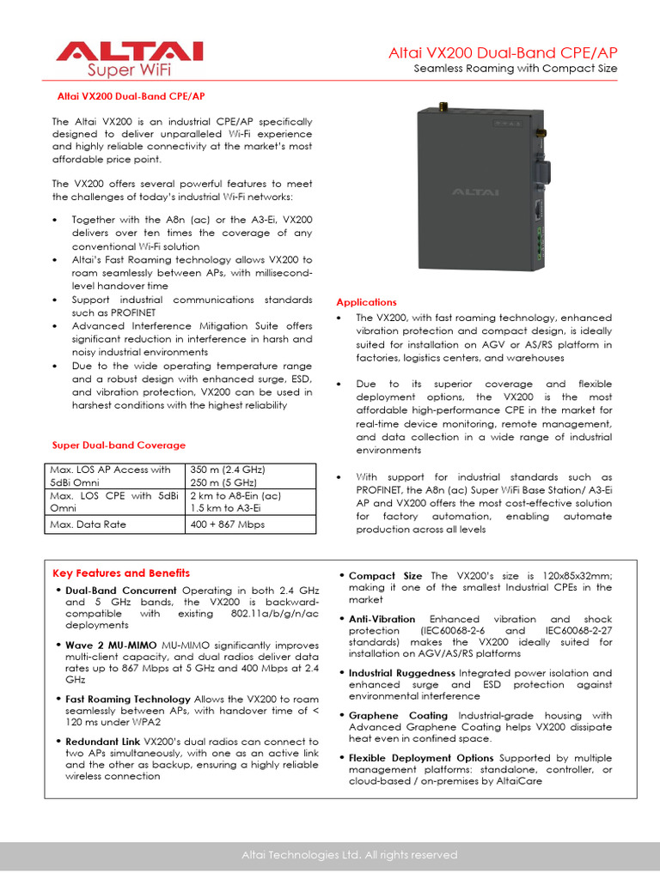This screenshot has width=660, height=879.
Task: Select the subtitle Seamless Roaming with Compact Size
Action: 516,69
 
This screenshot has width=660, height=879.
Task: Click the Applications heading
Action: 366,302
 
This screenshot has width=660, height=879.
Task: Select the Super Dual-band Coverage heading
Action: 119,445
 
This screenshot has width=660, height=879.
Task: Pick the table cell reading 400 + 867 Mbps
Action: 227,524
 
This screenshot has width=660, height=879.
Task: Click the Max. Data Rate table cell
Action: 85,524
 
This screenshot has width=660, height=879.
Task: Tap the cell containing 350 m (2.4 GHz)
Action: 228,470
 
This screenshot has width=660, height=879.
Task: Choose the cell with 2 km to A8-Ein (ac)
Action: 235,495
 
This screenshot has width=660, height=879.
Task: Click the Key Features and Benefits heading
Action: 121,573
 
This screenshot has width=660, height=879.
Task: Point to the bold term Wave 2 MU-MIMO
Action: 105,645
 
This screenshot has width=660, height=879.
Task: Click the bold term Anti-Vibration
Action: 382,619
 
